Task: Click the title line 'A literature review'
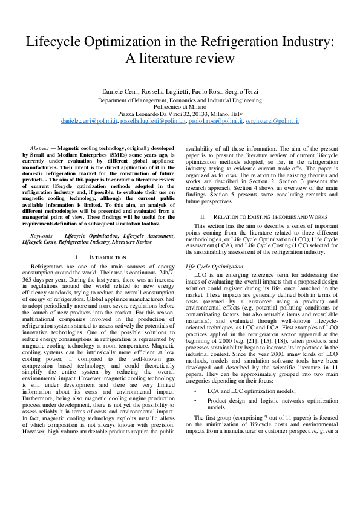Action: click(180, 59)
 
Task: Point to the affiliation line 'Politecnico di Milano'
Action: click(180, 106)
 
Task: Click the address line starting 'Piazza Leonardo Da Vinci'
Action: click(180, 114)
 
